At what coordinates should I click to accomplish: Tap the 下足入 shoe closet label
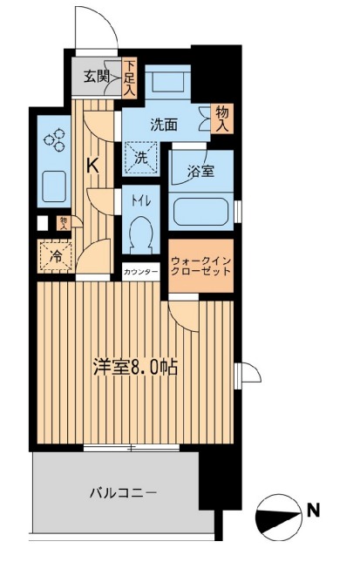(x=129, y=76)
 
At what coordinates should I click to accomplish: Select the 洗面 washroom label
(x=163, y=125)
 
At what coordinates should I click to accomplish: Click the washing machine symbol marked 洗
(x=140, y=159)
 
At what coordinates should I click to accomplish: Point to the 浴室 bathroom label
(x=200, y=173)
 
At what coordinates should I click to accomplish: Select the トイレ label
(x=141, y=201)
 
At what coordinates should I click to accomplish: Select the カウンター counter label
(x=141, y=272)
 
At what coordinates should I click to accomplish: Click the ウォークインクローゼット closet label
(x=200, y=265)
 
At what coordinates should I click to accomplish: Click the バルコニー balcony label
(x=124, y=493)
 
